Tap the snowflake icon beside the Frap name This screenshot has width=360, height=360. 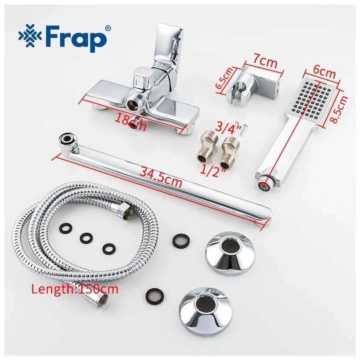(30, 36)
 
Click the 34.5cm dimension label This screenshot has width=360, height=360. (161, 176)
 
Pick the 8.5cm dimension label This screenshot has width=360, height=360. (338, 109)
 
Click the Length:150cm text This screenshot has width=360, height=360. (75, 289)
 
